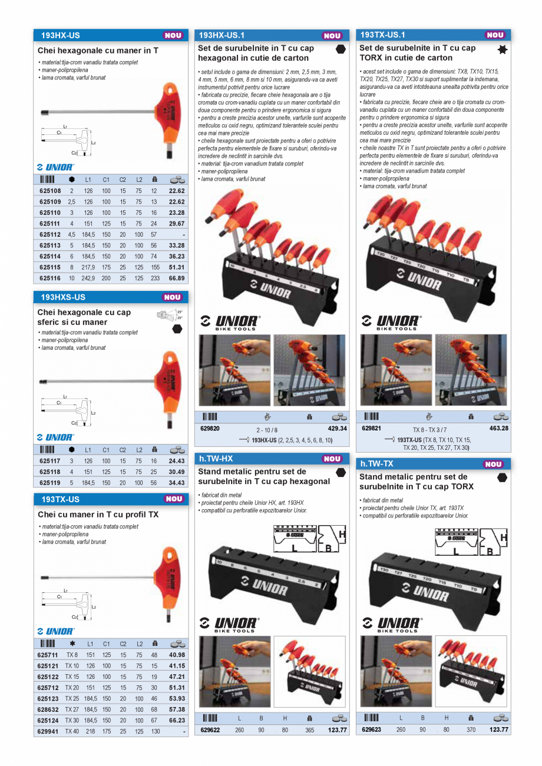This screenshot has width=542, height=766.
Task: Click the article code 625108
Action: pyautogui.click(x=50, y=191)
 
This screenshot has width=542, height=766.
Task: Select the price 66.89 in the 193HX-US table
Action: pyautogui.click(x=176, y=278)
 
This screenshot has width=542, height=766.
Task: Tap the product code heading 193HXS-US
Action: pyautogui.click(x=63, y=297)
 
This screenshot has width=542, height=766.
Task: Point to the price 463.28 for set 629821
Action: pyautogui.click(x=498, y=428)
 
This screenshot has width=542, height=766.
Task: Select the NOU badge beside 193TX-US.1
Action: pyautogui.click(x=495, y=35)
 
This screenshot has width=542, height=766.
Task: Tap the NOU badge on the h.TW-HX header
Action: pyautogui.click(x=332, y=459)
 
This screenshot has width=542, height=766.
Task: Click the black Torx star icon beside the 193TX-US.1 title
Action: pyautogui.click(x=503, y=50)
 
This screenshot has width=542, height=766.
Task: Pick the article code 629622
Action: pyautogui.click(x=210, y=730)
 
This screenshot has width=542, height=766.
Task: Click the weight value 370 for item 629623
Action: pyautogui.click(x=470, y=730)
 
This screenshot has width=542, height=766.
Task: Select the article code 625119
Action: pyautogui.click(x=50, y=482)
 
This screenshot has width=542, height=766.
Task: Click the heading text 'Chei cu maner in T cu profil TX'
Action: pyautogui.click(x=98, y=515)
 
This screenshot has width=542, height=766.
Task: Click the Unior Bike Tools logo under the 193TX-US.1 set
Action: pyautogui.click(x=392, y=322)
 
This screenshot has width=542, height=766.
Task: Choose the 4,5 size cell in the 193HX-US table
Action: pyautogui.click(x=72, y=234)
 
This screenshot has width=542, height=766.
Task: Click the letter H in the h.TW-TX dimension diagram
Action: pyautogui.click(x=504, y=538)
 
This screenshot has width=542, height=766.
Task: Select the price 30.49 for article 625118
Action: pyautogui.click(x=177, y=472)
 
